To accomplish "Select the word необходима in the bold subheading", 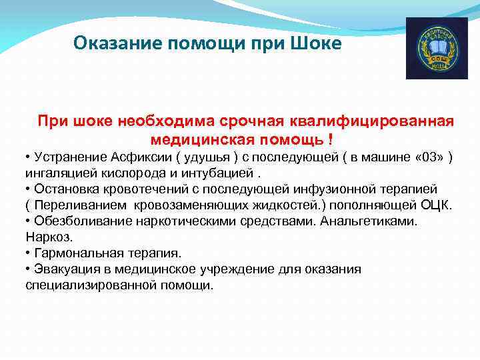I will point(164,121).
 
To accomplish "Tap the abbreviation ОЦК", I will point(436,205).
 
